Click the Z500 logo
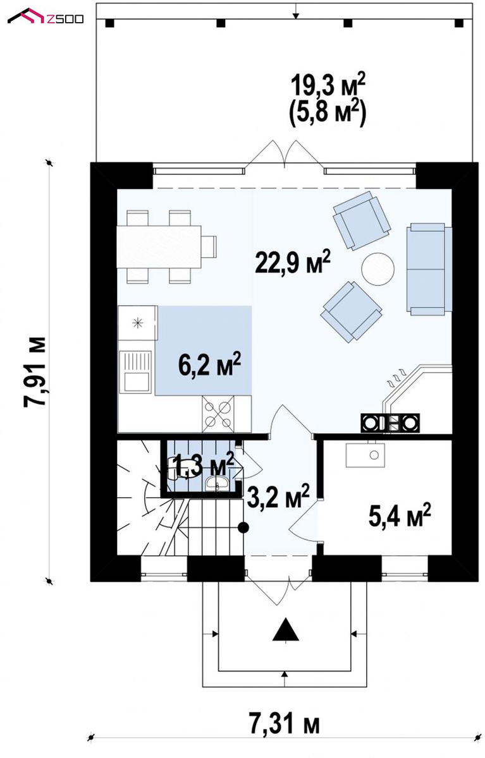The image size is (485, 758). click(46, 16)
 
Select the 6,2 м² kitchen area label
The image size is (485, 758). click(210, 364)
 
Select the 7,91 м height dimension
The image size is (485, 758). click(34, 372)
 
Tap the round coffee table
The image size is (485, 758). click(378, 269)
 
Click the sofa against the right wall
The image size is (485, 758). click(429, 269)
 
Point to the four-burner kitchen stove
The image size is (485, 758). click(218, 414)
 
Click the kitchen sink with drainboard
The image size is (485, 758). click(135, 371)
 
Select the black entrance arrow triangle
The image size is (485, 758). click(286, 629)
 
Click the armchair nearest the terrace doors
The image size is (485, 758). click(362, 220)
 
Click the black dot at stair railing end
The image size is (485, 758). click(243, 527)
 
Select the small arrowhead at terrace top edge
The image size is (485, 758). click(296, 15)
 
